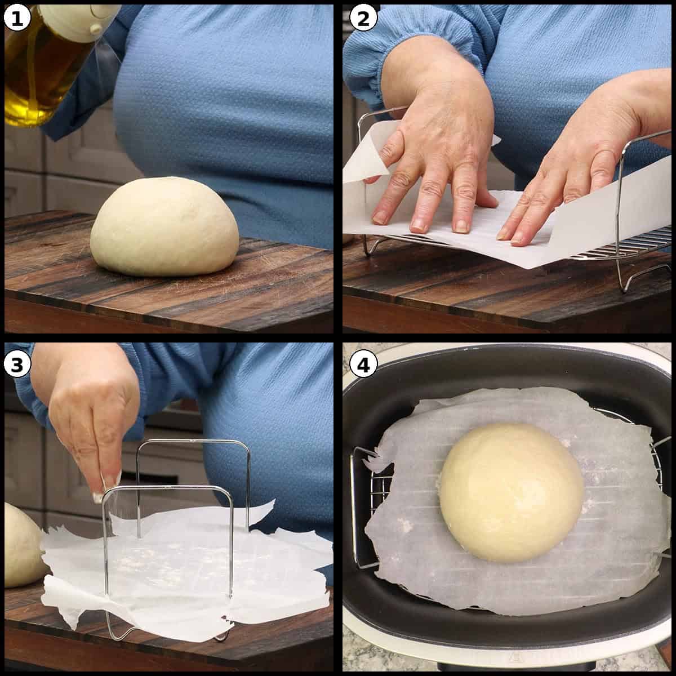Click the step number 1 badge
click(x=17, y=18)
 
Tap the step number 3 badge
click(x=17, y=364)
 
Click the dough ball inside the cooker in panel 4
click(x=511, y=492)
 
